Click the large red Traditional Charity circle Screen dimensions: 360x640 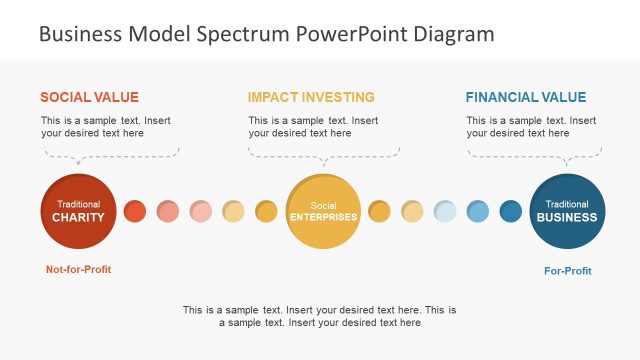coord(78,211)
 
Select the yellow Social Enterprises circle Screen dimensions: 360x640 coord(323,211)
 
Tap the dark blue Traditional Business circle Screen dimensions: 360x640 coord(567,211)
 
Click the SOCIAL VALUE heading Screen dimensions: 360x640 coord(89,97)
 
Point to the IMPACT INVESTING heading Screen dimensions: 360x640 coord(311,97)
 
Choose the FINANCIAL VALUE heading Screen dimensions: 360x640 coord(526,97)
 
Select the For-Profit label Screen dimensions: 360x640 coord(567,269)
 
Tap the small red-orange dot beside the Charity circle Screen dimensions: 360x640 coord(134,211)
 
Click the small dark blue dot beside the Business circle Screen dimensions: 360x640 coord(511,211)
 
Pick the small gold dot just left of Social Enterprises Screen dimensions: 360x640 coord(266,211)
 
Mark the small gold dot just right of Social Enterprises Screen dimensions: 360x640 coord(379,211)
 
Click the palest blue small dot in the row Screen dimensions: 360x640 coord(445,211)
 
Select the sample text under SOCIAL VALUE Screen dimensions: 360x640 coord(105,127)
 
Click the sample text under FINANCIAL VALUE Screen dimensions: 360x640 coord(530,127)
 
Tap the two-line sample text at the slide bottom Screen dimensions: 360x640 coord(320,316)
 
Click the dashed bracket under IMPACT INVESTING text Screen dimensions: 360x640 coord(323,153)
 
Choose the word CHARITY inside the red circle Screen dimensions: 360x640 coord(78,217)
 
